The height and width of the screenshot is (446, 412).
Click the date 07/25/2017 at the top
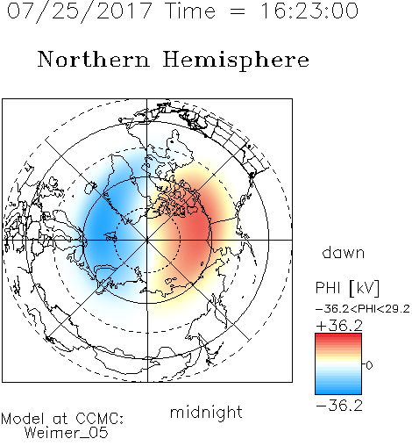(80, 11)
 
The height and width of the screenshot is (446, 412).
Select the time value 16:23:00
(309, 11)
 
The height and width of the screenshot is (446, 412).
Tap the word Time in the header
(190, 11)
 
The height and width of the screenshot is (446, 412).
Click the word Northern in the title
(94, 59)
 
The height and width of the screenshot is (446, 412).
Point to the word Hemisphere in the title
(236, 61)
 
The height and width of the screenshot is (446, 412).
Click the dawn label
(344, 252)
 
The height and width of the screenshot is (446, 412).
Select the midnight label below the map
(206, 412)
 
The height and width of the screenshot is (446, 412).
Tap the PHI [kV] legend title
(347, 288)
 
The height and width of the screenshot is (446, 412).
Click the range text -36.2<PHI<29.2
(363, 309)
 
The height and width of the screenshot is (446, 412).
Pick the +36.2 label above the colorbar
(339, 326)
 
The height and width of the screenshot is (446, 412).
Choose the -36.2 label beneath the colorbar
(339, 406)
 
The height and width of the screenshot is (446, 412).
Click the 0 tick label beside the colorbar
(369, 365)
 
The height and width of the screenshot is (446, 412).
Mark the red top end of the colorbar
(338, 335)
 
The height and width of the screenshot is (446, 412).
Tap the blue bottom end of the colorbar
(338, 392)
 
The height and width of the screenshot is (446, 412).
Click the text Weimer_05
(67, 433)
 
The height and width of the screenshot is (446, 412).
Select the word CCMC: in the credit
(100, 419)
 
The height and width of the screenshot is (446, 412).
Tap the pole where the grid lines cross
(147, 240)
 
